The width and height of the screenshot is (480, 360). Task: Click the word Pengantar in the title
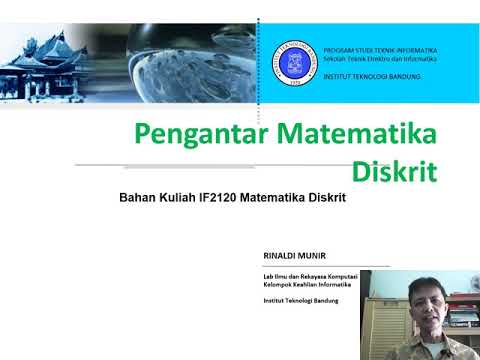pos(192,133)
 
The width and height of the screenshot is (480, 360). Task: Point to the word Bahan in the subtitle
pos(136,198)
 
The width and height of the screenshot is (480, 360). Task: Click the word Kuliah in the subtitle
pos(177,198)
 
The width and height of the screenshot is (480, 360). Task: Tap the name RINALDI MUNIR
pos(288,256)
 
